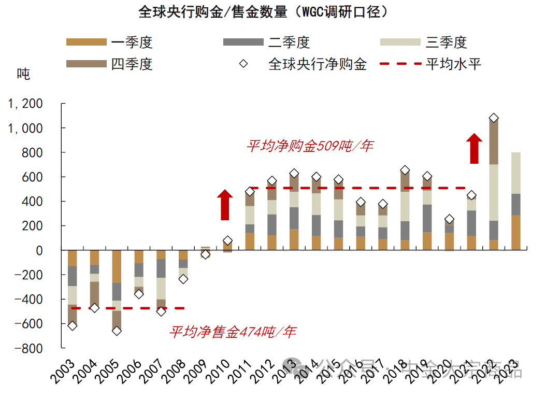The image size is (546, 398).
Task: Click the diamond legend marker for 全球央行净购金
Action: (x=243, y=64)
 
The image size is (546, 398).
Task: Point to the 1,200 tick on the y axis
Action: (x=25, y=104)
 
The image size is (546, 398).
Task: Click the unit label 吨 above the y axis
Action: (x=24, y=74)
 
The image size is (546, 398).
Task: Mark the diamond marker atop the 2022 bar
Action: (x=494, y=118)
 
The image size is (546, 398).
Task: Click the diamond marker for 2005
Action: (x=117, y=331)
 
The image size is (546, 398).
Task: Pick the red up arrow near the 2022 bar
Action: (x=473, y=149)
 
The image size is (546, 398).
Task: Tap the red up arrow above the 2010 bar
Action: (x=225, y=205)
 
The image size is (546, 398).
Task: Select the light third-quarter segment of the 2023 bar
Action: (x=516, y=173)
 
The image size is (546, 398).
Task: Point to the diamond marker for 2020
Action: (x=449, y=219)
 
